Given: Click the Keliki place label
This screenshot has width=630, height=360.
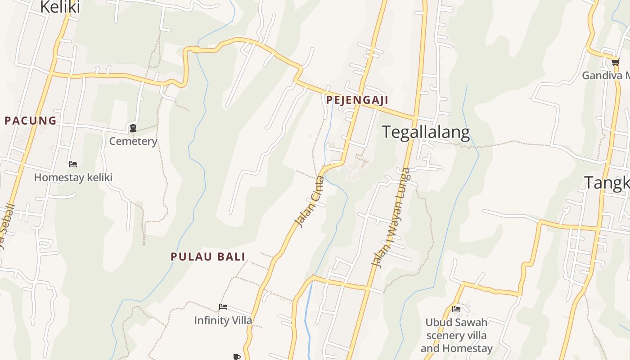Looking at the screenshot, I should click(60, 7).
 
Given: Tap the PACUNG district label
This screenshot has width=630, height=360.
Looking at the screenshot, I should click(31, 121).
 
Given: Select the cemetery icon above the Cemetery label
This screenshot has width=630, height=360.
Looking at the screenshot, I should click(133, 128).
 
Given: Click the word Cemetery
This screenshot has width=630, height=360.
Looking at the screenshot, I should click(133, 141).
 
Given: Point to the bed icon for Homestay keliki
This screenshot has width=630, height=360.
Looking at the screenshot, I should click(73, 164).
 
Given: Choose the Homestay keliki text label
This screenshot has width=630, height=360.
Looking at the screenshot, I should click(73, 177).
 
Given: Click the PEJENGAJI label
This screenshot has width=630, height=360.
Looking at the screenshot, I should click(357, 100).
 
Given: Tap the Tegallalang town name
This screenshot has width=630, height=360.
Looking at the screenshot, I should click(426, 132).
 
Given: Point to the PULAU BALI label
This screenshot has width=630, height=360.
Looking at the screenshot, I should click(208, 257).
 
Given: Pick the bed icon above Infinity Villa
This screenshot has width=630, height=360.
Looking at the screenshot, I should click(223, 307).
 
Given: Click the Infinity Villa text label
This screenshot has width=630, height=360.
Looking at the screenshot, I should click(223, 320).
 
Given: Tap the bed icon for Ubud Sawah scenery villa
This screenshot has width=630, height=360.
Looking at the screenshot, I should click(456, 309).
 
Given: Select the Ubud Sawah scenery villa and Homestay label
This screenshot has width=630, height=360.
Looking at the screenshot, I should click(456, 335).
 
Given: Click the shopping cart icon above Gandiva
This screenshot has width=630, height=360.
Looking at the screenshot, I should click(615, 62).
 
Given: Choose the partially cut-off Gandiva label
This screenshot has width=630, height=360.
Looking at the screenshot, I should click(605, 75).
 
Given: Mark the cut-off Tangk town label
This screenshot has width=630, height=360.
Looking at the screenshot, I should click(607, 183).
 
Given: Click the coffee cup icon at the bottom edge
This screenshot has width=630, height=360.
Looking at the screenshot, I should click(237, 357).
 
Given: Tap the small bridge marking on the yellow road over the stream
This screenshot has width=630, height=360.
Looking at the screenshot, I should click(195, 49).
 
